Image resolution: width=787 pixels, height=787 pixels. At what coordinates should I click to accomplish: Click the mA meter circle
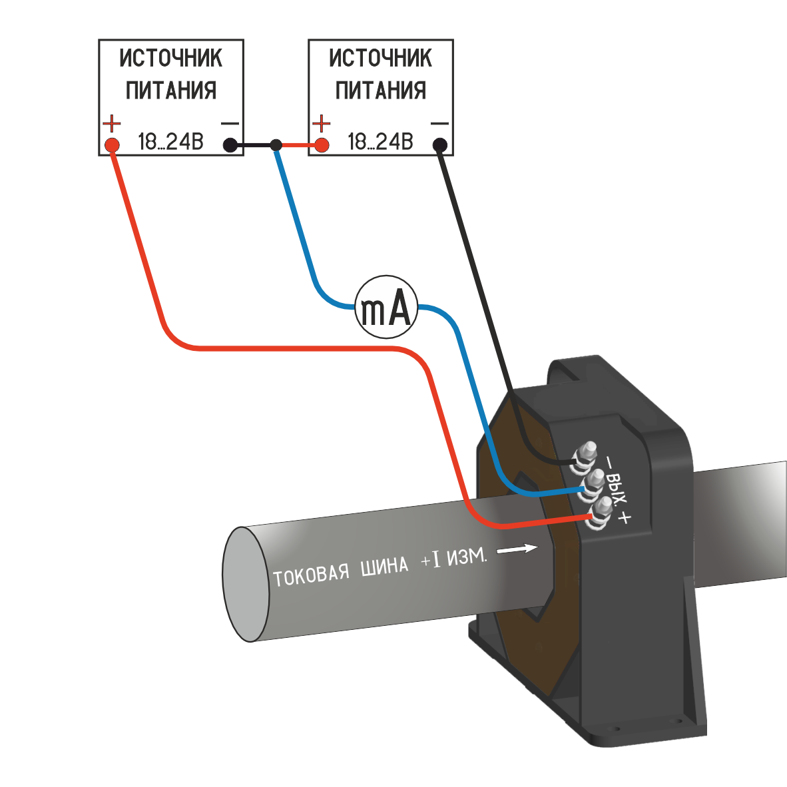tap(386, 307)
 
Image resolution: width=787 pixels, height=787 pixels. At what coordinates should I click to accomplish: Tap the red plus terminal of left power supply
tap(112, 144)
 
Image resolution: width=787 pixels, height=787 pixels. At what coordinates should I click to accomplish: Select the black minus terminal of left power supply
tap(230, 144)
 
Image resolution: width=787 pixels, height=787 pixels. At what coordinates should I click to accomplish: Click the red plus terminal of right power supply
tap(322, 144)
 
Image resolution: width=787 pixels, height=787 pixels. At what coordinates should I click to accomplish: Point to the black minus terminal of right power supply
tap(439, 144)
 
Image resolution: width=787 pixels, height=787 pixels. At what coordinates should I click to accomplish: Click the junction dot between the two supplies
tap(276, 144)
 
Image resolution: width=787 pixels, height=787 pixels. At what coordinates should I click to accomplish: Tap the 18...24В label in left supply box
tap(170, 142)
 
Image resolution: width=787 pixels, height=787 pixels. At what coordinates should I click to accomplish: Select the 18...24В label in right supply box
tap(380, 142)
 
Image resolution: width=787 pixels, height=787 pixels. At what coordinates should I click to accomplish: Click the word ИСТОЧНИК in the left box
tap(171, 59)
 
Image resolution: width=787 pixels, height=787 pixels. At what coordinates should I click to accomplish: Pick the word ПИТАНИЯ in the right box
tap(380, 90)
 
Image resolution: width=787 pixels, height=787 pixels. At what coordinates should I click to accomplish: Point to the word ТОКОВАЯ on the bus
tap(311, 575)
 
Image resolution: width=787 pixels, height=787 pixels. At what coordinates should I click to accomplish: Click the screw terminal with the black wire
tap(587, 454)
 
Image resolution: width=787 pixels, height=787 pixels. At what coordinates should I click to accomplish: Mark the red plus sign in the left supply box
tap(112, 123)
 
